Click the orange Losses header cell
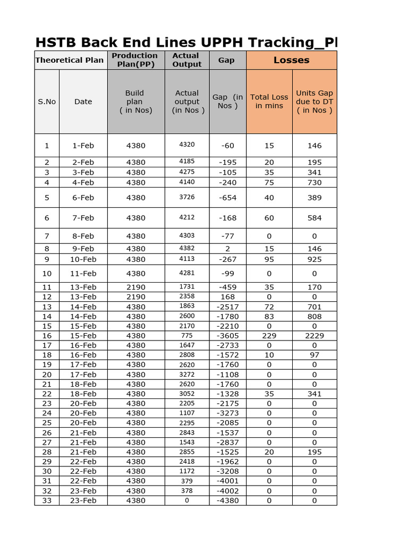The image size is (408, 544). [291, 60]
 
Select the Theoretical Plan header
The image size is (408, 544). [70, 60]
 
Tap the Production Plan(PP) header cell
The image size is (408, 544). [135, 60]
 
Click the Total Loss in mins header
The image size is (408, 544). [269, 101]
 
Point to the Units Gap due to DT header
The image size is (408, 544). [314, 101]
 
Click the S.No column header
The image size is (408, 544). [47, 101]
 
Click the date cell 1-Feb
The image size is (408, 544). [83, 146]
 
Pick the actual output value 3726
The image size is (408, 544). [187, 198]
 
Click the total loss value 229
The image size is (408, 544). [269, 336]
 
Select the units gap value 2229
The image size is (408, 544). [314, 336]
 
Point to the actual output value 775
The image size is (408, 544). [187, 336]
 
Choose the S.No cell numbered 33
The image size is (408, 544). [47, 500]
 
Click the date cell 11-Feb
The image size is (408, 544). [83, 274]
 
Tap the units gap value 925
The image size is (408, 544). [314, 259]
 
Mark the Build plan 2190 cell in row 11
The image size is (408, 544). [135, 287]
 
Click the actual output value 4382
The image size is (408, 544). [187, 249]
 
